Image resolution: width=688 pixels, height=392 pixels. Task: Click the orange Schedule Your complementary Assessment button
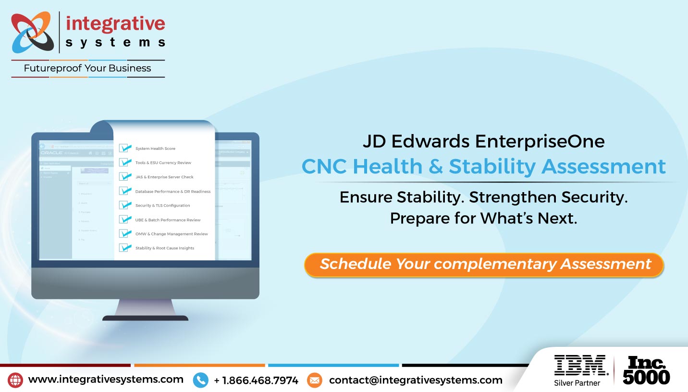tap(484, 264)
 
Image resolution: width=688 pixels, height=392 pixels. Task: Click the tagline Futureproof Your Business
tap(87, 69)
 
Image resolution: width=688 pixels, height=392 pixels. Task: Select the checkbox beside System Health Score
tap(125, 148)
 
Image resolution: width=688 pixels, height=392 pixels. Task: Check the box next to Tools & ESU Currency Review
tap(125, 162)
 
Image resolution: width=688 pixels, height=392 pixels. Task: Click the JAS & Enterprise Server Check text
tap(164, 177)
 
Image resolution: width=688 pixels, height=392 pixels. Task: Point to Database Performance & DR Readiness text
tap(173, 191)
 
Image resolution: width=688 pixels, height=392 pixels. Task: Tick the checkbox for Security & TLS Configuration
tap(125, 205)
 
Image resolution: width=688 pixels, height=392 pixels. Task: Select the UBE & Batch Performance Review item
tap(168, 220)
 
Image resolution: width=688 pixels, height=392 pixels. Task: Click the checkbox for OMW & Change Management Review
tap(125, 233)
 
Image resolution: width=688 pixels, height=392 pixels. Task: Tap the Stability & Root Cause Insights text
tap(165, 248)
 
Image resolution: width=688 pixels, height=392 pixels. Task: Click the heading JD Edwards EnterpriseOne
tap(483, 141)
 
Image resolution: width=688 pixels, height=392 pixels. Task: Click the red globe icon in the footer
tap(15, 380)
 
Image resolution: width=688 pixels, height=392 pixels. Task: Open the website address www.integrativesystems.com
tap(106, 380)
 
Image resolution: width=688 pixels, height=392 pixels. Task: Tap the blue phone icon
tap(200, 380)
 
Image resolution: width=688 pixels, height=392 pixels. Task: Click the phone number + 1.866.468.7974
tap(256, 380)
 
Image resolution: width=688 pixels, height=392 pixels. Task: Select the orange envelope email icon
tap(314, 380)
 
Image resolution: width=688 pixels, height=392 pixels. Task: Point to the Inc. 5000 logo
tap(646, 370)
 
